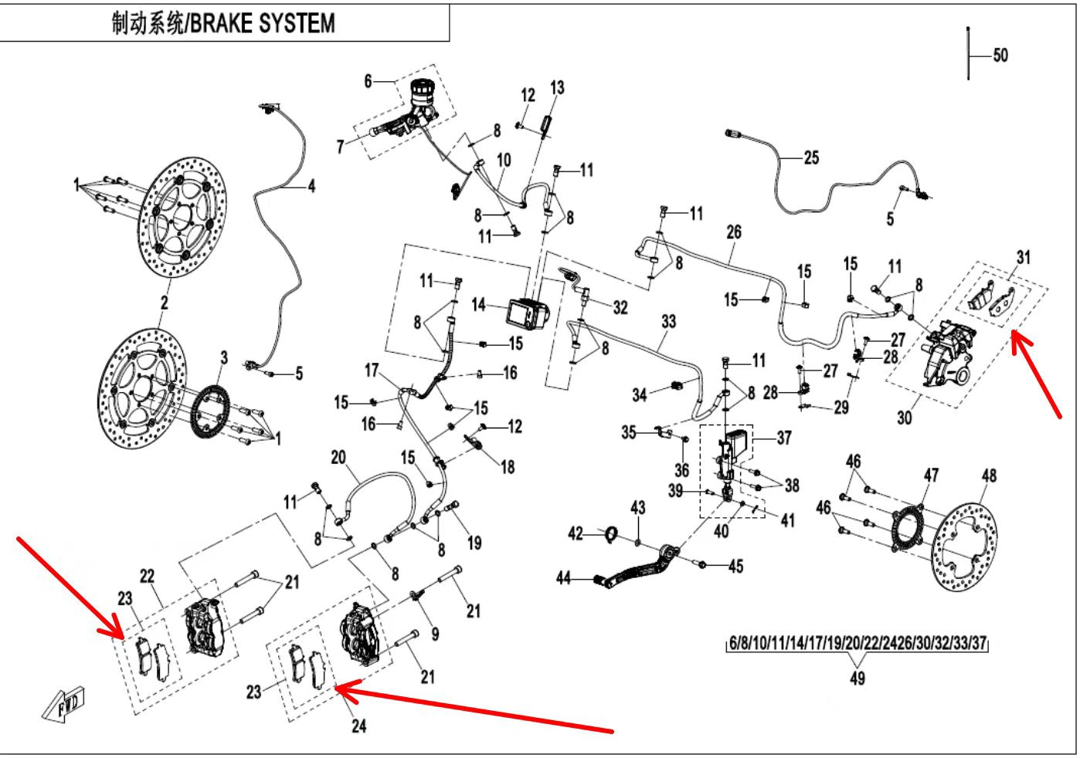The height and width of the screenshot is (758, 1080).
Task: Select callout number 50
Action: (1000, 55)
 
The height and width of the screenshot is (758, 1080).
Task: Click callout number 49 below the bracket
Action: (858, 678)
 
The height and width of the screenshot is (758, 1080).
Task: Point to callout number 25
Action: (811, 157)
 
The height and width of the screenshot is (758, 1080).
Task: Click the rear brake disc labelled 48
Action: (965, 547)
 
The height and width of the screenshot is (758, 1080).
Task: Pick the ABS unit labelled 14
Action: (528, 313)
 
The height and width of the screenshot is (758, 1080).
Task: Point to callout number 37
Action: (784, 438)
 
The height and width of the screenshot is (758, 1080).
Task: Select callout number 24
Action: (358, 726)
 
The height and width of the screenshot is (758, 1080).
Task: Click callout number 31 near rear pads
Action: (1023, 257)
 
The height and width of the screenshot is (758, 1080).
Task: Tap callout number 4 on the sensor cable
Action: (311, 185)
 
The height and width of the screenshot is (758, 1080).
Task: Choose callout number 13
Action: (557, 88)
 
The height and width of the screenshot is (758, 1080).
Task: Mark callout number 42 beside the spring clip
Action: (576, 533)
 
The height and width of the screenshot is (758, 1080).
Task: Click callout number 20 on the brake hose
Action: (338, 457)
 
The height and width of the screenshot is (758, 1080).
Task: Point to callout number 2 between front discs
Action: (165, 303)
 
